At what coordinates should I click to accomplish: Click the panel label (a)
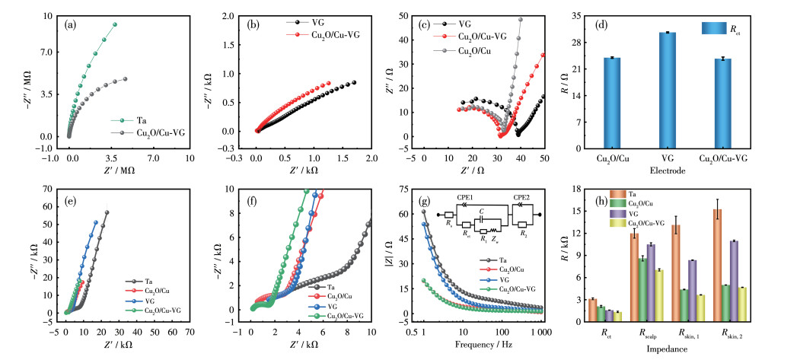pyautogui.click(x=71, y=24)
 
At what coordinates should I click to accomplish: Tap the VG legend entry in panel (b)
pyautogui.click(x=318, y=23)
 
